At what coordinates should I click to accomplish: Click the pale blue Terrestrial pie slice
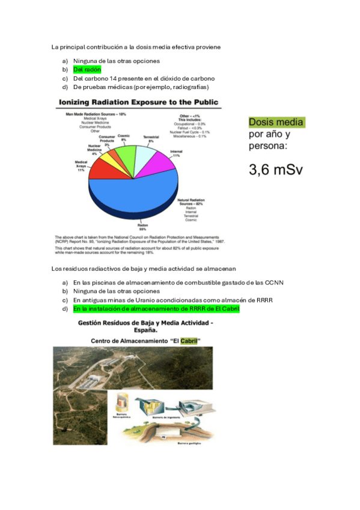point(144,155)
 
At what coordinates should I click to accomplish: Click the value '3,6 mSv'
point(276,170)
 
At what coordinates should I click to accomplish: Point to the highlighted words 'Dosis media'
point(276,123)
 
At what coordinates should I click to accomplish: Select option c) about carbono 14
point(144,78)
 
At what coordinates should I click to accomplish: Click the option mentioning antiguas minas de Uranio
point(156,300)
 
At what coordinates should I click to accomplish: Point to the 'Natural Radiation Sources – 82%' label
point(194,202)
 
